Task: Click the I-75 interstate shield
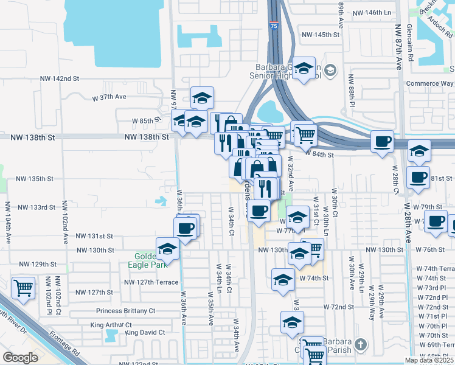coord(274,26)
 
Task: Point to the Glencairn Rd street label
coord(411,44)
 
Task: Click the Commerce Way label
coord(430,83)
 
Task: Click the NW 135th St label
coord(35,179)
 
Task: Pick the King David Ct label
coord(145,333)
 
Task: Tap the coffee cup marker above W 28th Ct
coord(382,142)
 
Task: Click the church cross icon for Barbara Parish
coord(360,345)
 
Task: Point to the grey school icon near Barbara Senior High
coord(330,71)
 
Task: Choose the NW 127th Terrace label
coord(151,282)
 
